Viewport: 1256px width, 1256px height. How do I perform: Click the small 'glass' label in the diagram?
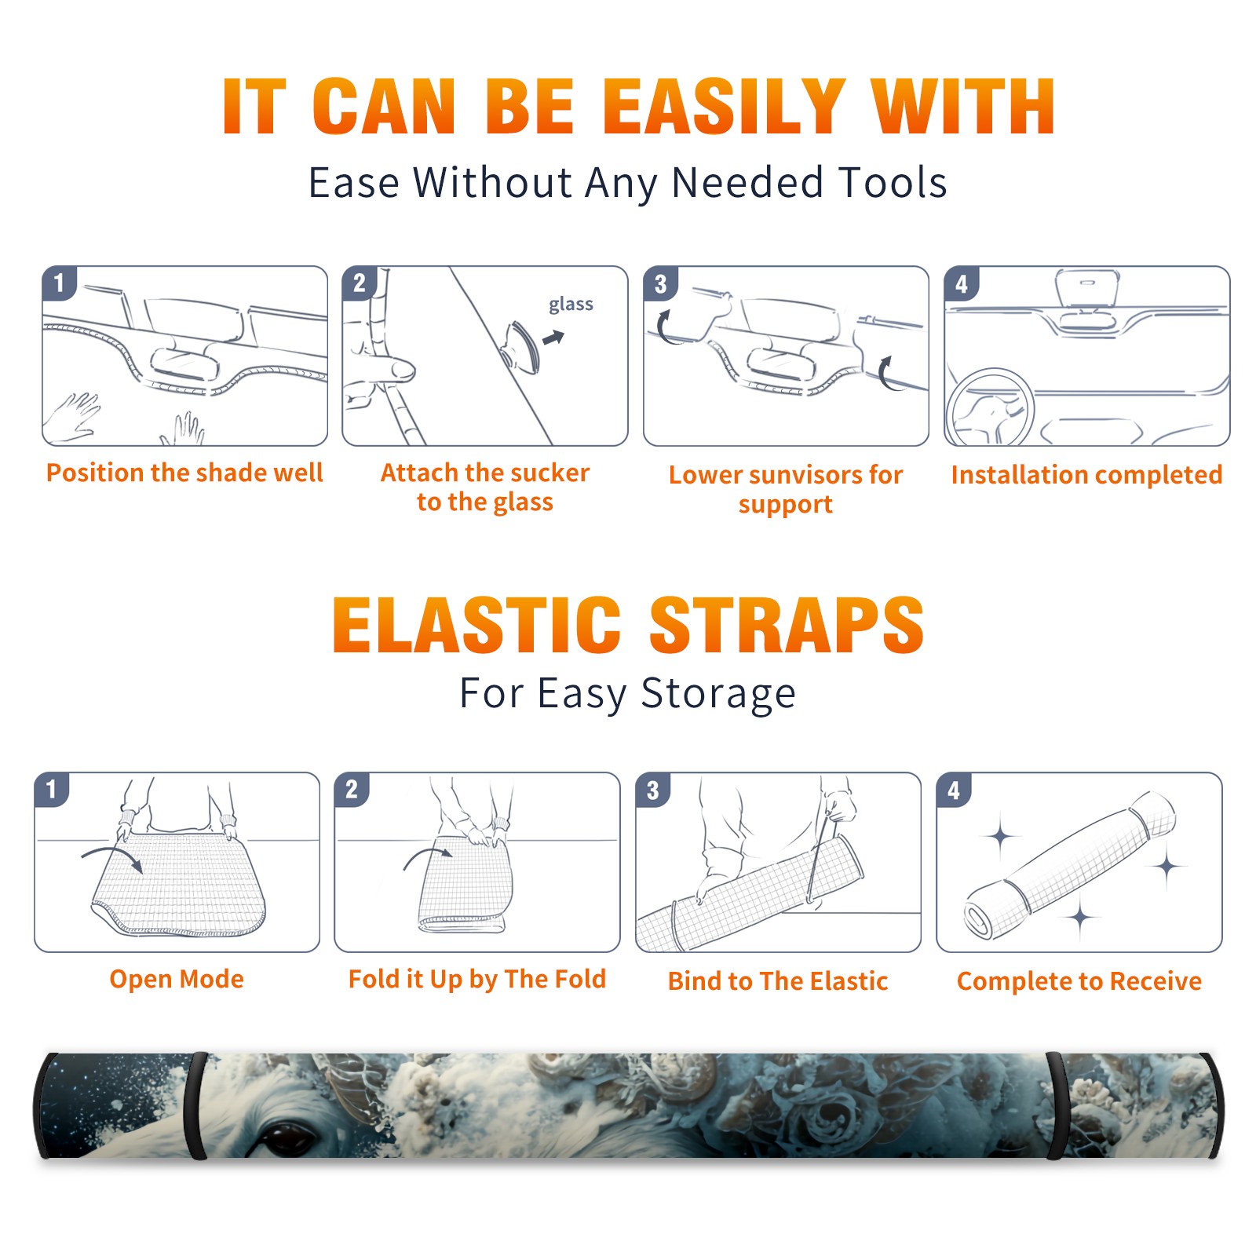[x=571, y=305]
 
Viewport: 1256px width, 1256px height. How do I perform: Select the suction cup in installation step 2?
[x=521, y=346]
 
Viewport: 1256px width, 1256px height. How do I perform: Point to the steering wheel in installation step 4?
[x=989, y=408]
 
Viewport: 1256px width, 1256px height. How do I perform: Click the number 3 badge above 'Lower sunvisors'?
[x=660, y=284]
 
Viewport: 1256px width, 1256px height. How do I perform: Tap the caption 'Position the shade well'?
[x=184, y=473]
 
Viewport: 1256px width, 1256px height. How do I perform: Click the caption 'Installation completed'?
[x=1086, y=475]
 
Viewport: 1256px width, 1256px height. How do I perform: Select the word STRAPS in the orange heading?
[x=787, y=625]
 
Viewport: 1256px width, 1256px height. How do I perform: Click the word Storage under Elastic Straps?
[x=718, y=694]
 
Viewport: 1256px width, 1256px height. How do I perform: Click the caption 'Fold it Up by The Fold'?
[x=477, y=979]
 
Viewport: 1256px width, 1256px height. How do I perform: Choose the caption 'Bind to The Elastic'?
[x=778, y=981]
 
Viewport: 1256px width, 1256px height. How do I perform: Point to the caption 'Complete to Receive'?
[x=1079, y=981]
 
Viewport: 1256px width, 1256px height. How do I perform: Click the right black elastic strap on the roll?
[x=1057, y=1106]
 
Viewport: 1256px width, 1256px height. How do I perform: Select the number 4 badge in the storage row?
[x=954, y=790]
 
